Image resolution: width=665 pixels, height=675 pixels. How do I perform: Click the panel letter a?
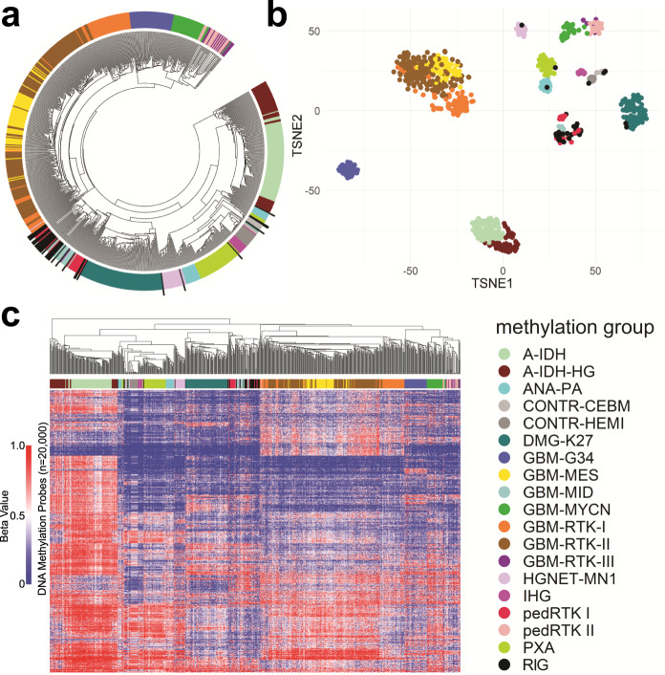pos(12,16)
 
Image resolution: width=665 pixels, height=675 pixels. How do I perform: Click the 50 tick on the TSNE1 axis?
pos(594,272)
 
